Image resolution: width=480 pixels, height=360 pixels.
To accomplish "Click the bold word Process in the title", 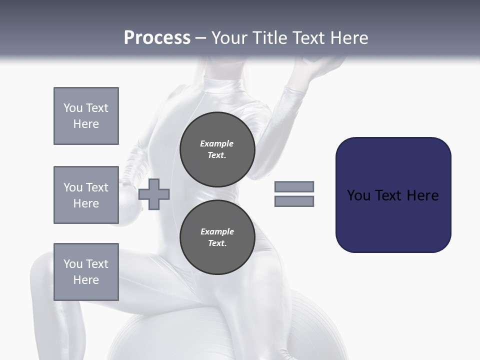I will pos(157,38).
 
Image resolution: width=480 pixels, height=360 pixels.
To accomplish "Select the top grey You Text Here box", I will pos(86,116).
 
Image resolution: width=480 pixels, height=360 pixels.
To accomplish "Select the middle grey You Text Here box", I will pos(86,195).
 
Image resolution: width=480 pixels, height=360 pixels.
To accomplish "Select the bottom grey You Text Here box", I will pos(86,272).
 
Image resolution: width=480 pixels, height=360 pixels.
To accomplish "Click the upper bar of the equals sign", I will pos(294,187).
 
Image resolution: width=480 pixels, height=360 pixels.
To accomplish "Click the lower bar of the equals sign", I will pos(294,201).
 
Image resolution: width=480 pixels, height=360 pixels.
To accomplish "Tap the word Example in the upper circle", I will pos(217,143).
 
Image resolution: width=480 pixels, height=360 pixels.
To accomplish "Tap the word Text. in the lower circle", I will pos(217,243).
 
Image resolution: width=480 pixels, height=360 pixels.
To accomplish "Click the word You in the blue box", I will pos(358,195).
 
